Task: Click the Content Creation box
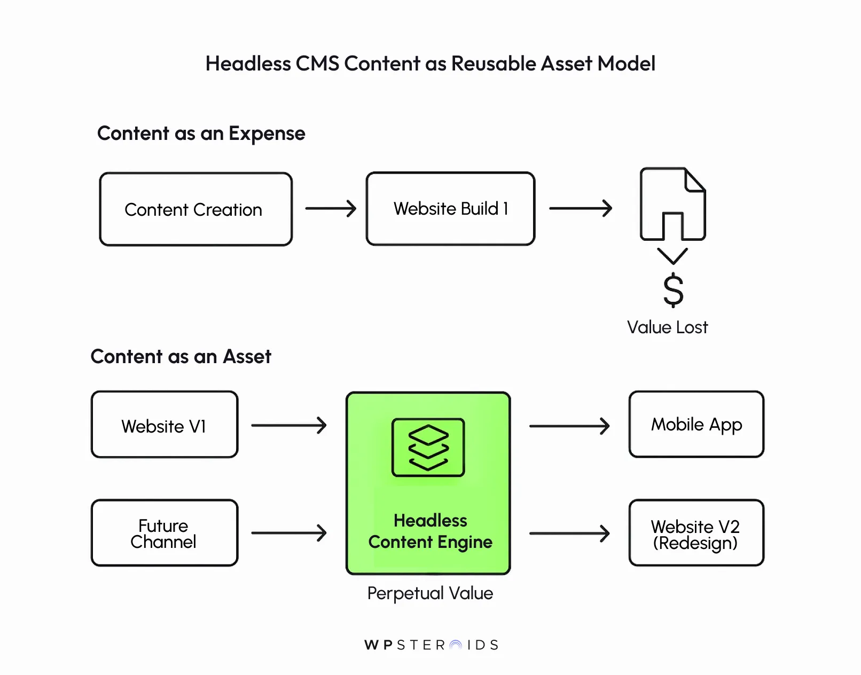coord(195,209)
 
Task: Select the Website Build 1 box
coord(450,209)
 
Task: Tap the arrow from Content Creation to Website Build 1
coord(330,208)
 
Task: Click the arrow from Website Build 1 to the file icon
coord(580,208)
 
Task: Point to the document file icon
coord(672,205)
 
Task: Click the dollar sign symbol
coord(673,290)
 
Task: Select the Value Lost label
coord(667,327)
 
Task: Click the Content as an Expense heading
coord(201,134)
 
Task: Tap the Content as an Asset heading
coord(181,356)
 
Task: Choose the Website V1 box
coord(164,425)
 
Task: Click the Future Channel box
coord(164,533)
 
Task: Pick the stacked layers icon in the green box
coord(428,448)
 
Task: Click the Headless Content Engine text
coord(430,531)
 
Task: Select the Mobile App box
coord(696,425)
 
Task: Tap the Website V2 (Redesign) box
coord(696,533)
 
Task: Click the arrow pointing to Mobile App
coord(569,426)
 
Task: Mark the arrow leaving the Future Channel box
coord(288,532)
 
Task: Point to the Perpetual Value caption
coord(430,593)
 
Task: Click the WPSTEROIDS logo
coord(431,645)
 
